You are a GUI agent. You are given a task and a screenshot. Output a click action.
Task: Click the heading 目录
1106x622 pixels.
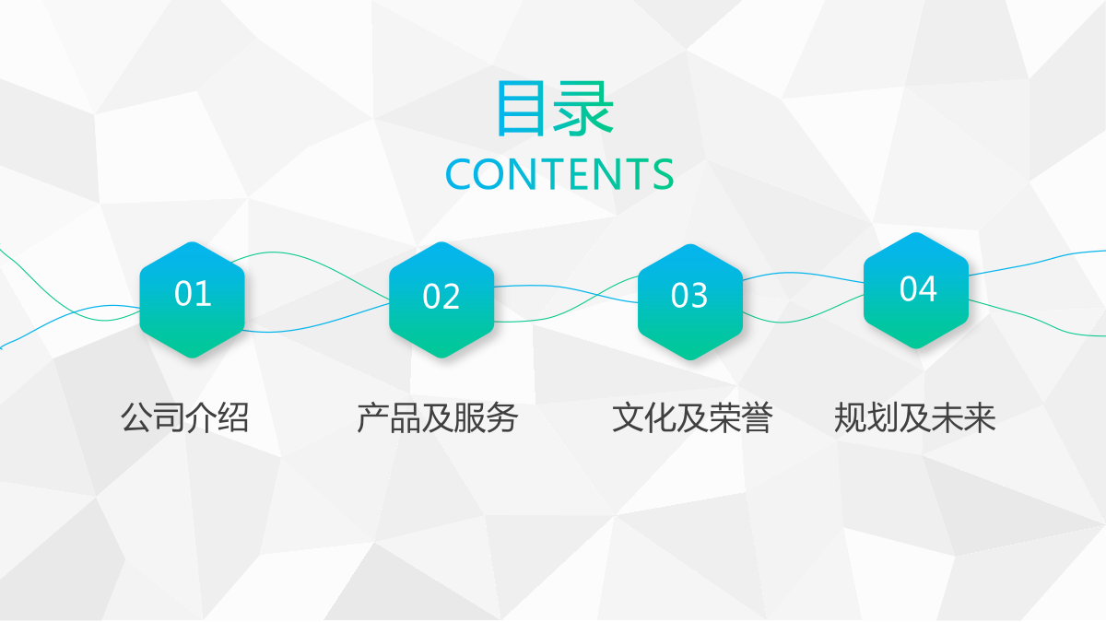pos(555,108)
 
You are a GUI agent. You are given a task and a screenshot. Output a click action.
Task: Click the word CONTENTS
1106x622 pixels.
pos(559,174)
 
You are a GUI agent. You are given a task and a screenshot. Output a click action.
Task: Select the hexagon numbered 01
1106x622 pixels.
pos(193,299)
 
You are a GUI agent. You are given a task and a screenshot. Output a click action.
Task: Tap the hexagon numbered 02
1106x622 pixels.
pos(441,299)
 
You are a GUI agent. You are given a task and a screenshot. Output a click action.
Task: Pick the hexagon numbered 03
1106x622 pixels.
pos(690,301)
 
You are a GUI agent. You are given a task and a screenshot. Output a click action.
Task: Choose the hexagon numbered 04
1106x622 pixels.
pos(916,290)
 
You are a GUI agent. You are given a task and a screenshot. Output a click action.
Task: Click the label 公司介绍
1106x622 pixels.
pos(184,417)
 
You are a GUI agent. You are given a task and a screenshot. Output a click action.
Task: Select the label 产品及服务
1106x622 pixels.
pos(438,417)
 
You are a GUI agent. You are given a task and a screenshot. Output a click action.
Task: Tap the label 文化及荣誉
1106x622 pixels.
pos(692,417)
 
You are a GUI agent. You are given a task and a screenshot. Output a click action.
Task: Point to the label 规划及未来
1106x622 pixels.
pos(915,417)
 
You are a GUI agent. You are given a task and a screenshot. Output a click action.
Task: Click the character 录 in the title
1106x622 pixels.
pos(583,108)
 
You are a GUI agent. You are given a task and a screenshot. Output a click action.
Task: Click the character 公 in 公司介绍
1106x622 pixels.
pos(136,417)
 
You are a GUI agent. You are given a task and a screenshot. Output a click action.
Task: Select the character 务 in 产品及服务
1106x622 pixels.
pos(501,417)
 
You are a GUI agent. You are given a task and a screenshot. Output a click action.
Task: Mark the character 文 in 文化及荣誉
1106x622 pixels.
pos(628,417)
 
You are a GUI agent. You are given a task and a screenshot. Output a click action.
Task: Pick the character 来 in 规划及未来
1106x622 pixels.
pos(980,417)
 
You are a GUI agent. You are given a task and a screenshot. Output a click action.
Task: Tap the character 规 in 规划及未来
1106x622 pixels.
pos(850,417)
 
